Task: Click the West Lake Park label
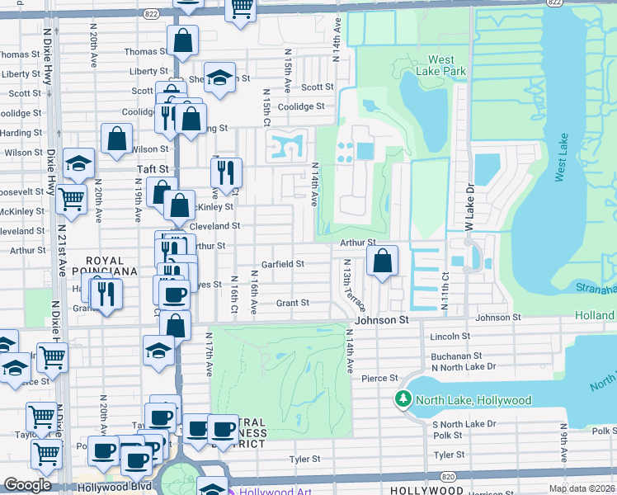(x=447, y=65)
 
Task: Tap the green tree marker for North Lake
(x=403, y=400)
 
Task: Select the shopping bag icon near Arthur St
(x=383, y=263)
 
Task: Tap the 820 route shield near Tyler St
(x=447, y=476)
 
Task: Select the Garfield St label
(x=283, y=264)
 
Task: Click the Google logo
(x=27, y=485)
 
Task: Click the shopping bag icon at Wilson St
(x=117, y=140)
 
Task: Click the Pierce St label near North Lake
(x=380, y=378)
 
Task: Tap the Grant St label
(x=292, y=304)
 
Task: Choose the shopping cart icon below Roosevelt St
(x=71, y=199)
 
